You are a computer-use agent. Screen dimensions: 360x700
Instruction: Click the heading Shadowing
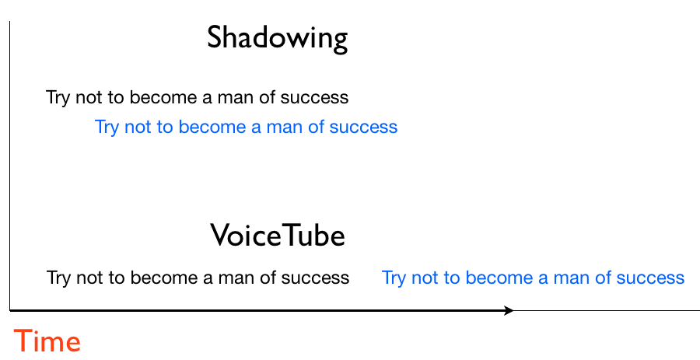pyautogui.click(x=277, y=39)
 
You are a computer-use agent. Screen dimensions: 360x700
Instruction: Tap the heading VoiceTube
pyautogui.click(x=277, y=236)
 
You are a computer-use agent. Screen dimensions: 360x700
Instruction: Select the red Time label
pyautogui.click(x=47, y=342)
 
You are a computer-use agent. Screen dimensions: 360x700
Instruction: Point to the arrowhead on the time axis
pyautogui.click(x=509, y=311)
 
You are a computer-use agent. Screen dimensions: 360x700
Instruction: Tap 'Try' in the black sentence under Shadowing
pyautogui.click(x=59, y=98)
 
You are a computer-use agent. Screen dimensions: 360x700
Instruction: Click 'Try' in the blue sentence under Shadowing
pyautogui.click(x=107, y=127)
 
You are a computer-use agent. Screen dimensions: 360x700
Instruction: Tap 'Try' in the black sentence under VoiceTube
pyautogui.click(x=59, y=278)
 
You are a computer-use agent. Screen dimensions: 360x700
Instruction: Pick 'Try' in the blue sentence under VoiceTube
pyautogui.click(x=394, y=278)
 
